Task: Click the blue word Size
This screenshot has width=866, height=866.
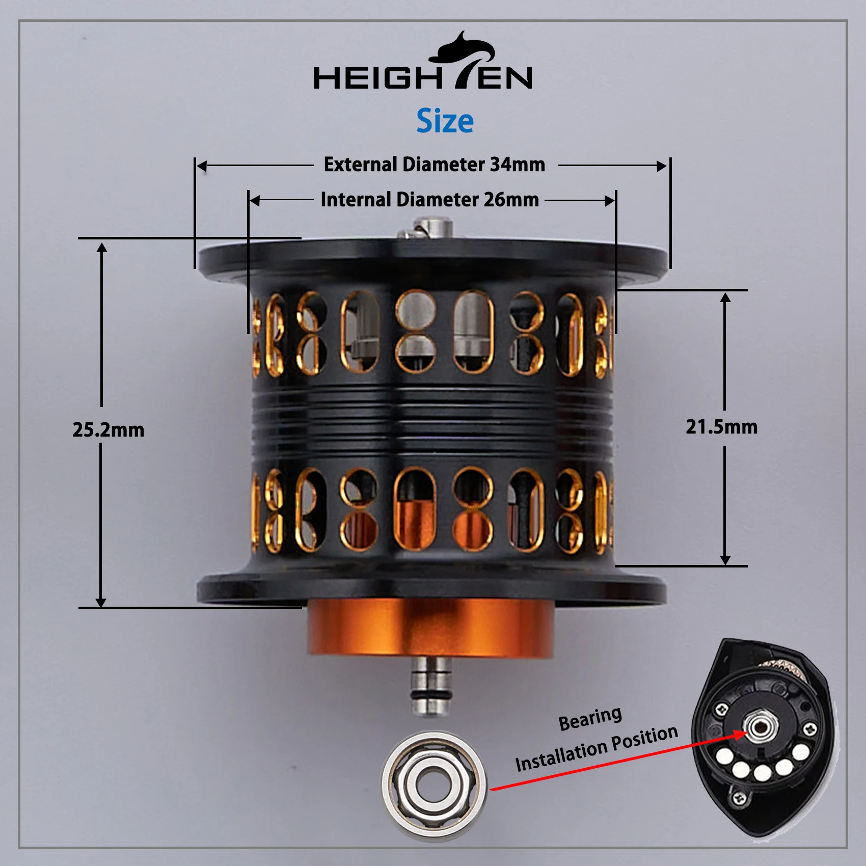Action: [x=445, y=121]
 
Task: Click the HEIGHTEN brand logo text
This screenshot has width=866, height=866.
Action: [x=422, y=78]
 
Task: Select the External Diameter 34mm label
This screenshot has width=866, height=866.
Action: [x=434, y=165]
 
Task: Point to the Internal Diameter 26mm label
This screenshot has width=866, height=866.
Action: [x=429, y=200]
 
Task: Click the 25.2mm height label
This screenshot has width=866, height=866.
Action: [x=108, y=429]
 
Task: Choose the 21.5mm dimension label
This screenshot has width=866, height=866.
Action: [x=721, y=427]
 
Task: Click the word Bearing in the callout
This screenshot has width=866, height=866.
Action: [x=590, y=718]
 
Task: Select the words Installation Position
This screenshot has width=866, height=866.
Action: [x=596, y=748]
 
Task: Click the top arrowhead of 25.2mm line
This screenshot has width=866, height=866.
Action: [x=102, y=248]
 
